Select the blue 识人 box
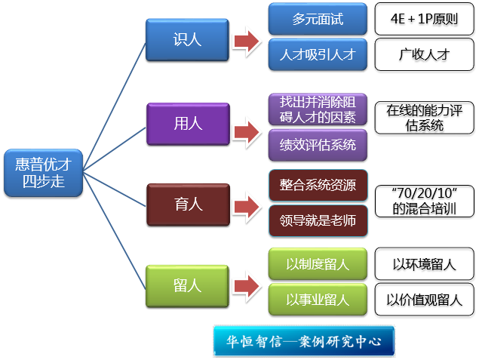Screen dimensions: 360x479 click(187, 39)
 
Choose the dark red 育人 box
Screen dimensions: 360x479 click(187, 203)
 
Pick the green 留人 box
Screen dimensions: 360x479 click(187, 285)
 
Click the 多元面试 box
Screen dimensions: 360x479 click(317, 19)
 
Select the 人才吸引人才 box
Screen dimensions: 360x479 click(317, 54)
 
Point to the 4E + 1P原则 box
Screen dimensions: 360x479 click(423, 19)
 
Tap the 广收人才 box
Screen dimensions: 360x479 click(423, 54)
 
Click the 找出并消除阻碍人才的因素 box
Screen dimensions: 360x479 click(317, 108)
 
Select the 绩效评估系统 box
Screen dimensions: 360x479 click(317, 144)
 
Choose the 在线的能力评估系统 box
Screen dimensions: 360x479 click(424, 118)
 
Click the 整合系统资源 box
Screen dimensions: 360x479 click(317, 185)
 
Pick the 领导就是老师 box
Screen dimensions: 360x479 click(317, 220)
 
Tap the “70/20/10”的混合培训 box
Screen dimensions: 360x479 click(424, 202)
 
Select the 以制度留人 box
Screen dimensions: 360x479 click(317, 264)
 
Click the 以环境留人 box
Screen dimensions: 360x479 click(424, 264)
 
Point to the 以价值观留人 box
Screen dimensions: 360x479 click(424, 300)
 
